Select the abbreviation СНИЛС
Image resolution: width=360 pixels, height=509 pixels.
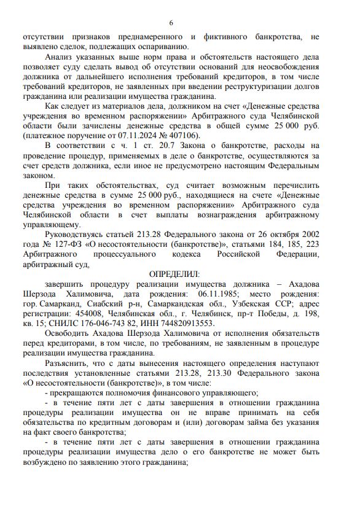[74, 323]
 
